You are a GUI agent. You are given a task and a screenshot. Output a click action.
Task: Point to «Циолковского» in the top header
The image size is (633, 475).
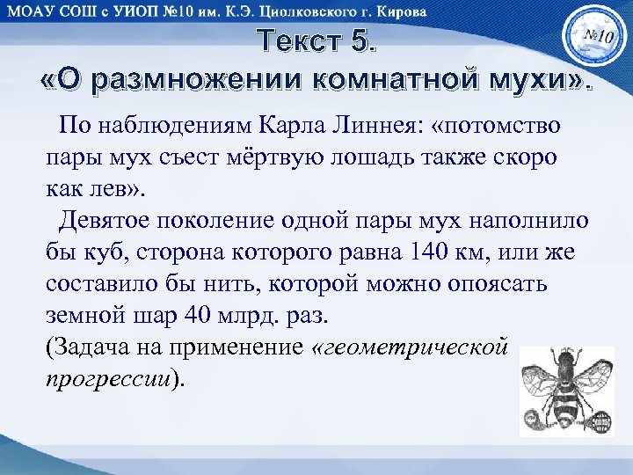click(299, 12)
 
